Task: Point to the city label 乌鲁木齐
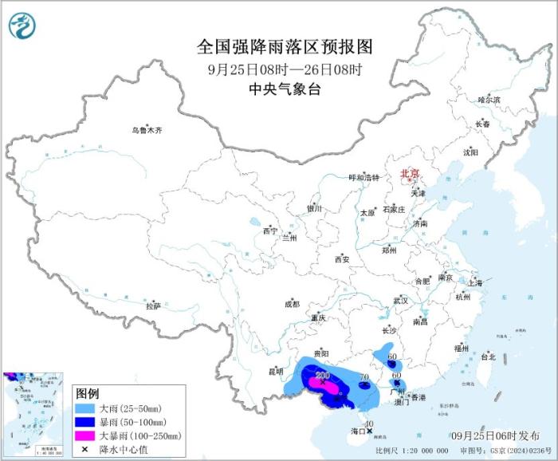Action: point(147,130)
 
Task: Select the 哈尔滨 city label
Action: point(489,100)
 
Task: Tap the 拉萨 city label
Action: point(153,305)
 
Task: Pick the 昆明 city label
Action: point(275,371)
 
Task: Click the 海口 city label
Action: point(357,431)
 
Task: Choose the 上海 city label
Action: point(475,282)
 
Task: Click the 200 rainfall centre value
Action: point(323,375)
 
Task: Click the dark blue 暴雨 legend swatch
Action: point(84,422)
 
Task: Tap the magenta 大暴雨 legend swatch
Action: point(84,435)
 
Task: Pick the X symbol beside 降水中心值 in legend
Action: point(84,449)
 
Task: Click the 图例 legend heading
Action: point(87,394)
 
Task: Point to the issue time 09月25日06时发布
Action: point(493,435)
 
